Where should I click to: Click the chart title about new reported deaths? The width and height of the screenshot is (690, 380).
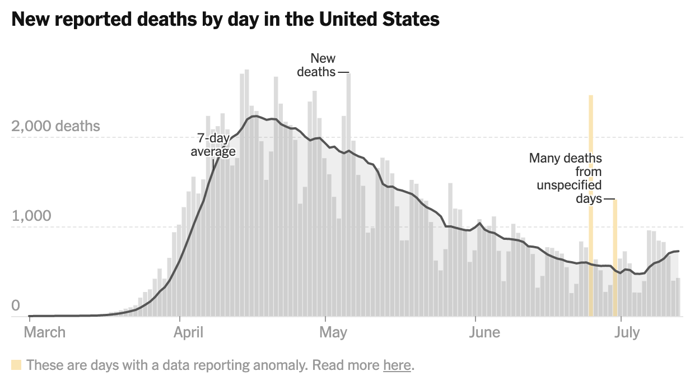(x=225, y=20)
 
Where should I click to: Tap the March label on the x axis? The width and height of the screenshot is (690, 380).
(x=45, y=332)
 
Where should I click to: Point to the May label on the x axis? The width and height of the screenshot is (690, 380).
(x=333, y=332)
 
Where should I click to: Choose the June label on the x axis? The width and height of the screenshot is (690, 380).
(x=484, y=332)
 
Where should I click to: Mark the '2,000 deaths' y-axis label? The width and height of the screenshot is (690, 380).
(x=55, y=126)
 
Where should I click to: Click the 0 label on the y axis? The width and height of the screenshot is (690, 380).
(x=16, y=306)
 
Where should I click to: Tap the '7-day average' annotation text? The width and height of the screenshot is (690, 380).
(x=213, y=145)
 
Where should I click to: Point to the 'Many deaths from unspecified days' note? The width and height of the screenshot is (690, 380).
(x=566, y=178)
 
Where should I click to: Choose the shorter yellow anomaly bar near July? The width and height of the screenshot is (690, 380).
(x=615, y=258)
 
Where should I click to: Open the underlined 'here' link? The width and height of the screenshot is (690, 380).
(x=397, y=365)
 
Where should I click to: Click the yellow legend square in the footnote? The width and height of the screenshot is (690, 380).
(x=16, y=365)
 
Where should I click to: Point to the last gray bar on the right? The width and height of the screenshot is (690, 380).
(x=678, y=297)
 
